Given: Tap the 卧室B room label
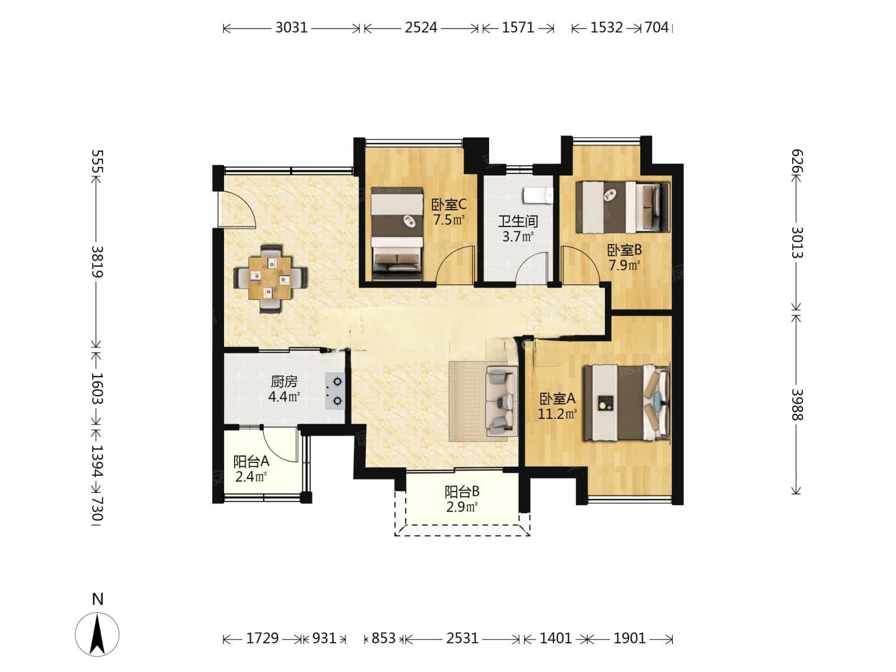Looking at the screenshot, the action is coord(624,250).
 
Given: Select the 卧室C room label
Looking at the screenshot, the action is coord(449,204).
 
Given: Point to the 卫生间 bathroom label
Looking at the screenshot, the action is coord(518,221).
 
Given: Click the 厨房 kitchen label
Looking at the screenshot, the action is coord(284,381).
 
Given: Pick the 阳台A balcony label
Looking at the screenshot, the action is coord(251,462).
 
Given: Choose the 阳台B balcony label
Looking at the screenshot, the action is coord(462,492).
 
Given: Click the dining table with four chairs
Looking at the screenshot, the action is coord(271,279).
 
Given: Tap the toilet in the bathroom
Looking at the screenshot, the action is coord(538,196).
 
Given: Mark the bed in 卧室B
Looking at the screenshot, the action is coord(622,207).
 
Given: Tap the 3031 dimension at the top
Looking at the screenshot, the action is coord(291,28).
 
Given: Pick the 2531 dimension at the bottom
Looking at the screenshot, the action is coord(462,638).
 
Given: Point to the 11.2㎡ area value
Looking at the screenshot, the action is coord(557,414).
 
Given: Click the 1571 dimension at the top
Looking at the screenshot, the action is coord(518,28).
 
